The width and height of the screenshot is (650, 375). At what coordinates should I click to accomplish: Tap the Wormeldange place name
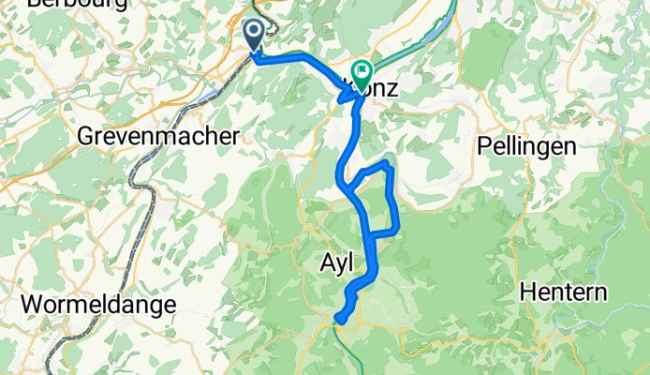pyautogui.click(x=97, y=305)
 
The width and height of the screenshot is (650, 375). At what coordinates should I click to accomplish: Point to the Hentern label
pyautogui.click(x=564, y=292)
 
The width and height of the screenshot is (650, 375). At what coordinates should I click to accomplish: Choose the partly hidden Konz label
pyautogui.click(x=379, y=90)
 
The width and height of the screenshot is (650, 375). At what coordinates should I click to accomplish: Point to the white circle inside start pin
pyautogui.click(x=254, y=33)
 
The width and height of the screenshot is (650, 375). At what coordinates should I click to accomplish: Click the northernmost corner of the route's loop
pyautogui.click(x=386, y=163)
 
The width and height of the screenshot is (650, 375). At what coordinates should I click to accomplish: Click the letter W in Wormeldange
pyautogui.click(x=32, y=305)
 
